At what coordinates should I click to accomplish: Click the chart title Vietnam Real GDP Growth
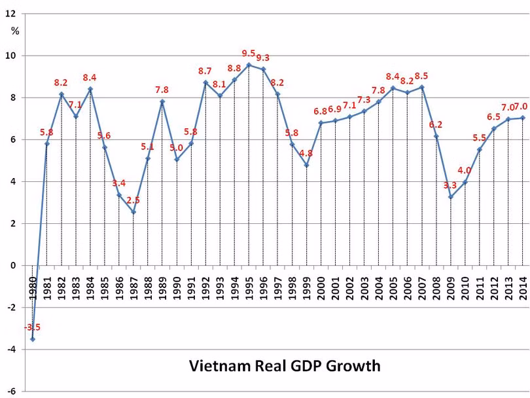pyautogui.click(x=285, y=365)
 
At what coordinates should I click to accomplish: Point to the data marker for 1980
pyautogui.click(x=33, y=339)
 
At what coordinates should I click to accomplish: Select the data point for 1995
pyautogui.click(x=249, y=65)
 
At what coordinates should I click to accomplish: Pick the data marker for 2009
pyautogui.click(x=450, y=196)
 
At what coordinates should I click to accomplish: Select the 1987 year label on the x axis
pyautogui.click(x=133, y=284)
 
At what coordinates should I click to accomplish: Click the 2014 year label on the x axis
pyautogui.click(x=523, y=284)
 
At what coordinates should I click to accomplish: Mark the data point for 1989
pyautogui.click(x=162, y=101)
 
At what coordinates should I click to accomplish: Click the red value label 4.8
pyautogui.click(x=306, y=153)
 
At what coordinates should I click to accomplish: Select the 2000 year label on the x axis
pyautogui.click(x=321, y=284)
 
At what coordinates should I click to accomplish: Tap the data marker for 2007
pyautogui.click(x=421, y=87)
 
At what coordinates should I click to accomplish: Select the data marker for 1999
pyautogui.click(x=306, y=165)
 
